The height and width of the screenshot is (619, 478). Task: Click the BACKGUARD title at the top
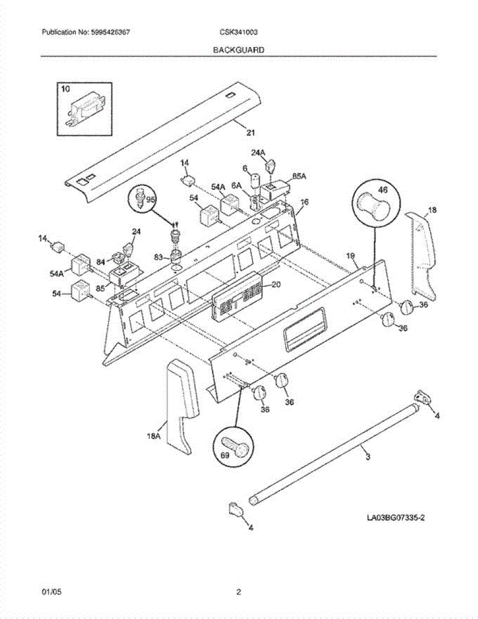coord(239,50)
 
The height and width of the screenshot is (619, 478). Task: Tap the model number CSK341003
coord(238,32)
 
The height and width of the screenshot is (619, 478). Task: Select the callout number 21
coord(250,133)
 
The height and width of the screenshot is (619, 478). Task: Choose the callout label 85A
coord(299,176)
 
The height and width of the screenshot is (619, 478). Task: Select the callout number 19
coord(351,256)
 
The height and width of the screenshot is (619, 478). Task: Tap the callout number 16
coord(304,202)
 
